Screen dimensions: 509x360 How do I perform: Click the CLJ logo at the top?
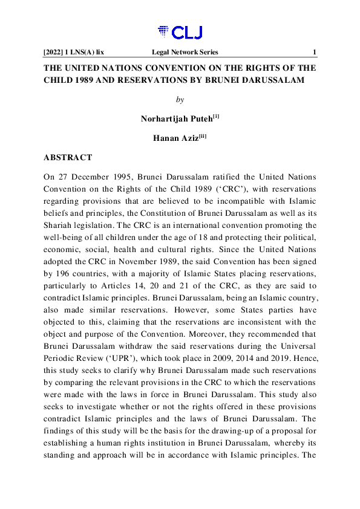click(x=180, y=32)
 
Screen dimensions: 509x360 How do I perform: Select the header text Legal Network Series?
click(x=185, y=53)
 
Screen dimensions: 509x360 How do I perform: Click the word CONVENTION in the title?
click(x=182, y=68)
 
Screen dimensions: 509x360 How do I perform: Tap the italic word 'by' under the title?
click(x=180, y=99)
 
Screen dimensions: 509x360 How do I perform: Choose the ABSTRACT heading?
click(x=68, y=157)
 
